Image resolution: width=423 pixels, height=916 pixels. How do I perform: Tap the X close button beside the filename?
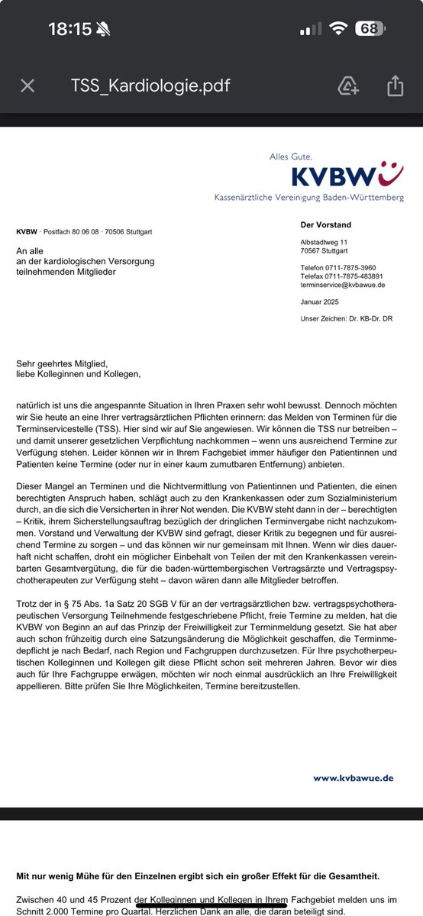(27, 85)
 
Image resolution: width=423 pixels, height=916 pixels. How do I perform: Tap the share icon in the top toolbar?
(395, 85)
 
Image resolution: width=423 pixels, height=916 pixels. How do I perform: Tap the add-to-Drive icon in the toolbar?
(349, 85)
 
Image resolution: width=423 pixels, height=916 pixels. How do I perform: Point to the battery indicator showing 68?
(370, 29)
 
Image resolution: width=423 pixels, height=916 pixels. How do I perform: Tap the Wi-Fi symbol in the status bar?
(337, 29)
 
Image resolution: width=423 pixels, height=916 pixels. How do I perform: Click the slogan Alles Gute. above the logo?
(290, 156)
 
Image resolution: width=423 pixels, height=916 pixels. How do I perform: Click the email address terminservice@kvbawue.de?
(341, 284)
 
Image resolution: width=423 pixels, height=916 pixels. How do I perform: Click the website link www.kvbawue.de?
(353, 778)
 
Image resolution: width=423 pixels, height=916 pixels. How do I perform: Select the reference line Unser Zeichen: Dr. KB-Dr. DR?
(350, 318)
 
